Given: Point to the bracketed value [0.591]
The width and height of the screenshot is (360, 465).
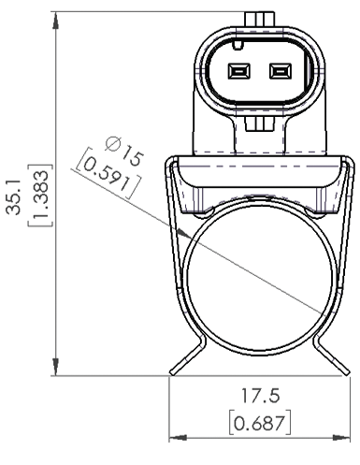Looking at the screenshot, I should tap(104, 167).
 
